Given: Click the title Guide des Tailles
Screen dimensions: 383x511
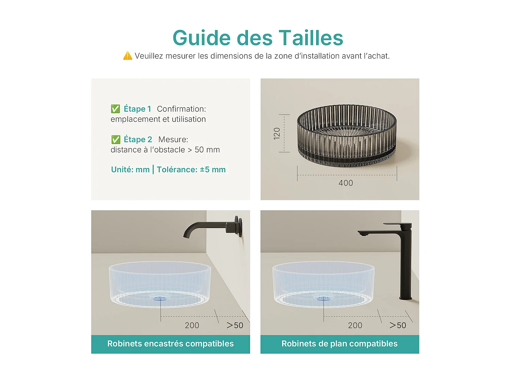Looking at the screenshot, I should click(258, 38).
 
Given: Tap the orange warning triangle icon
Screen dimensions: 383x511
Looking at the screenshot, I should click(127, 56).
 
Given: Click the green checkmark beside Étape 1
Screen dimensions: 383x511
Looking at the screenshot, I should click(115, 109).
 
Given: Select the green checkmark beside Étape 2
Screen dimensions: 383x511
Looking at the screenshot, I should click(116, 140).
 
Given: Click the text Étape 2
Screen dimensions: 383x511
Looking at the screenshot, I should click(138, 140).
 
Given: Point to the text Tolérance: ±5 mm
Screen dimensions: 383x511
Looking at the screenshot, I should click(191, 170).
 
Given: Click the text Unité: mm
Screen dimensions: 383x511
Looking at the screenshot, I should click(130, 170).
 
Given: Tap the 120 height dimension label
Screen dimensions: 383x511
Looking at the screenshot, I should click(277, 133).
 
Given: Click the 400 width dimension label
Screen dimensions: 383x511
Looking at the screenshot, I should click(346, 183).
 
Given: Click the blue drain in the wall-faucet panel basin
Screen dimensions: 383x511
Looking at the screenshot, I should click(160, 298).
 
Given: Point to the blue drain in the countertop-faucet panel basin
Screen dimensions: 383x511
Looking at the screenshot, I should click(323, 298).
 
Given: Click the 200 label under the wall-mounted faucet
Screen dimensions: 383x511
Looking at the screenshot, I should click(192, 325).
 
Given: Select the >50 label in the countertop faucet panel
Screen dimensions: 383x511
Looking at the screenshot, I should click(398, 325).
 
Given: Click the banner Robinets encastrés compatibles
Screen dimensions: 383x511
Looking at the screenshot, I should click(170, 344).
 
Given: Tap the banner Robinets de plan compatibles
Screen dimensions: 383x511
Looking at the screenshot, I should click(339, 344).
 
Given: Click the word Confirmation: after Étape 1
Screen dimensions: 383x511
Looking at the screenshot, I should click(181, 109).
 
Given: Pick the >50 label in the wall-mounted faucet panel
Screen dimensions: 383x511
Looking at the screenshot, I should click(235, 325).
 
